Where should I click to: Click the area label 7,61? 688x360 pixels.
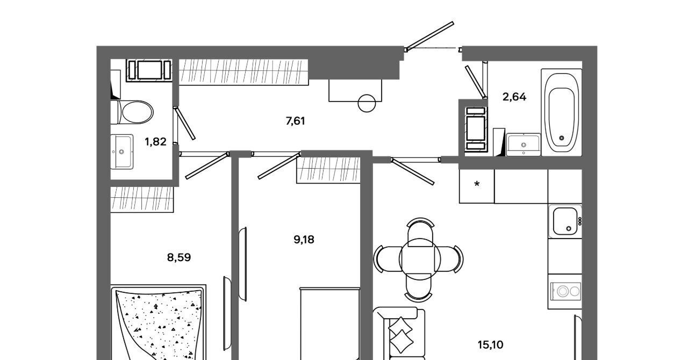295,121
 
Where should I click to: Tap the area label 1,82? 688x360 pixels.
155,142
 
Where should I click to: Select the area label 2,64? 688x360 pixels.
514,97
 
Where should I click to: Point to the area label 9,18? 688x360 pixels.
304,240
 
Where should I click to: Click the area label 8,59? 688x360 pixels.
179,257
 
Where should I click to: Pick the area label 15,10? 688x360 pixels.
491,345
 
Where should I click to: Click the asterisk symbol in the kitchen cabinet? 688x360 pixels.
477,184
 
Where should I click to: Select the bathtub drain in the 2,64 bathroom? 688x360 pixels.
562,138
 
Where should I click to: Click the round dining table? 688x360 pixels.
420,259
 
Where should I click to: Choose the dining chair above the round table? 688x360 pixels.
420,233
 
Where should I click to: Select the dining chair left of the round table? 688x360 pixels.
388,259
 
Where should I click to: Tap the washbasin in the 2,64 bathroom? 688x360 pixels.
523,145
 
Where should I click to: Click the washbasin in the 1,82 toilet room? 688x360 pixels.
122,152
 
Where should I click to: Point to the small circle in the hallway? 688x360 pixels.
367,103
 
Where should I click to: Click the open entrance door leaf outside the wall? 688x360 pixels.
430,36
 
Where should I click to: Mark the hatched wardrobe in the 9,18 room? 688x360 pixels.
328,170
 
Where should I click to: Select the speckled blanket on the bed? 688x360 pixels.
160,326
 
